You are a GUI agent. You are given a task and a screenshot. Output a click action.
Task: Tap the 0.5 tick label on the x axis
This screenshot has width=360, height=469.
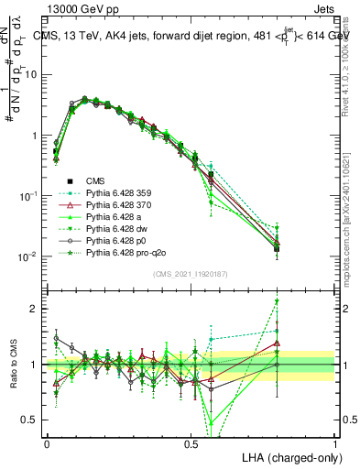[191, 443]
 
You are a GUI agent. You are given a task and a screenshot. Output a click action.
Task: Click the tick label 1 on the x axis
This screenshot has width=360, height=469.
[334, 443]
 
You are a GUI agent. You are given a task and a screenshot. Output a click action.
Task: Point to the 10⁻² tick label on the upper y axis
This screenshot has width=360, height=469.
[31, 256]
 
